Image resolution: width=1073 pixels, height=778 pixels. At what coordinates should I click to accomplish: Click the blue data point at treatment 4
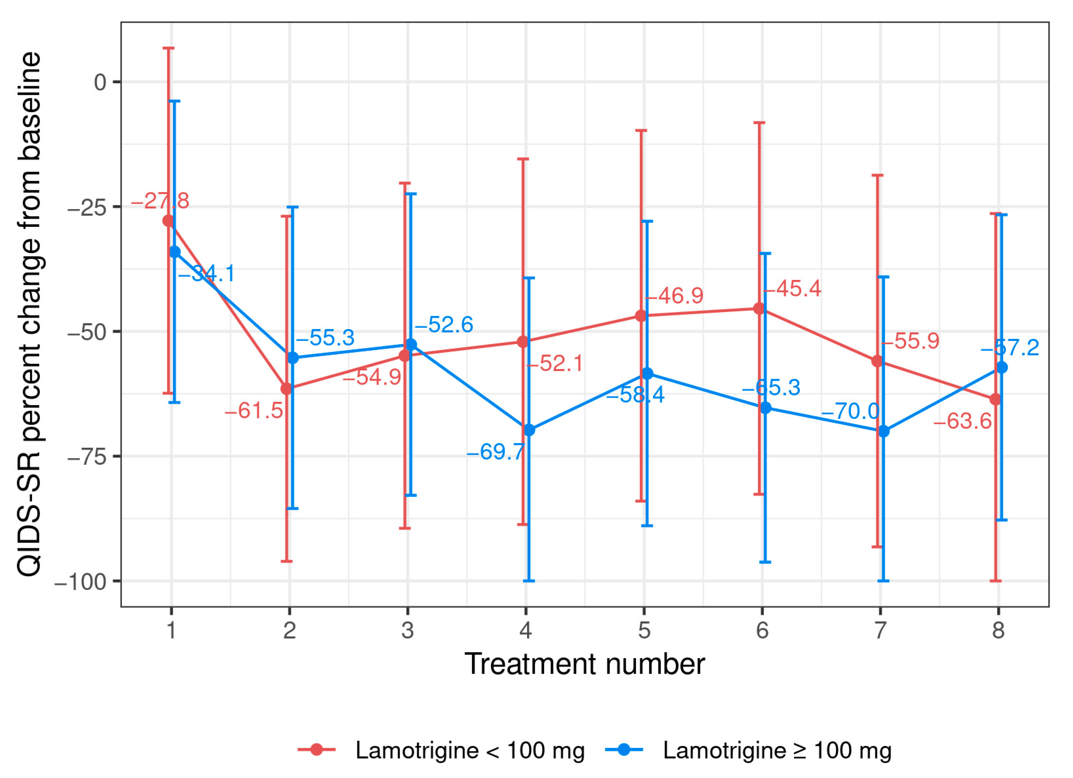529,430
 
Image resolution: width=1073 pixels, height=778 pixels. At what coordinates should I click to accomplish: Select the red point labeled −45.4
759,308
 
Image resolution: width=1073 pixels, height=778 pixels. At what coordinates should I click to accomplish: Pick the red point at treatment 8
995,399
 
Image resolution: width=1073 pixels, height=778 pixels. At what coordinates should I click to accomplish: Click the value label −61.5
254,411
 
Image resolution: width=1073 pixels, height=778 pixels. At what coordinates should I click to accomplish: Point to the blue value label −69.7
495,452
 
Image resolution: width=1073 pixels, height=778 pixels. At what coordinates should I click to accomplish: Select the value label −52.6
444,324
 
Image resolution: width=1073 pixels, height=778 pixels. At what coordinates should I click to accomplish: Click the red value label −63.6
962,421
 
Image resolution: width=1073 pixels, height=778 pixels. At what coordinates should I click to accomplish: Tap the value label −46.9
674,296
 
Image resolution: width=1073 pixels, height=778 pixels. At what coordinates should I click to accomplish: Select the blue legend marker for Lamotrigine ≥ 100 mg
624,749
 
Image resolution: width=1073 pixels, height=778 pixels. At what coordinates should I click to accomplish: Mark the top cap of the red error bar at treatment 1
169,48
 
